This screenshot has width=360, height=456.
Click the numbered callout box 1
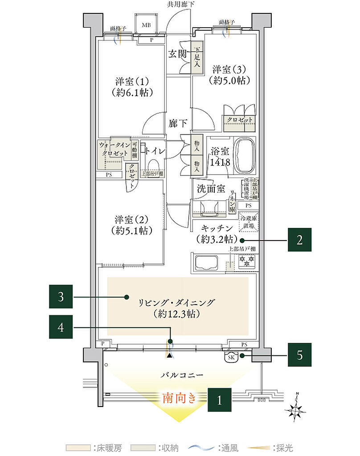pos(219,399)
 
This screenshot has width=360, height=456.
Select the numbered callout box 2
pos(299,240)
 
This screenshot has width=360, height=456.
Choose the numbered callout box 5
pos(299,355)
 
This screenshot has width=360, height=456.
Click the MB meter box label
pos(146,25)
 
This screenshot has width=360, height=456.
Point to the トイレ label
pos(155,151)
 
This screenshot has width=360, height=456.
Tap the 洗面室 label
pos(211,188)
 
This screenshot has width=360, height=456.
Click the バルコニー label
pos(183,375)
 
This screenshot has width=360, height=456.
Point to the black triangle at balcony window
pos(169,355)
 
